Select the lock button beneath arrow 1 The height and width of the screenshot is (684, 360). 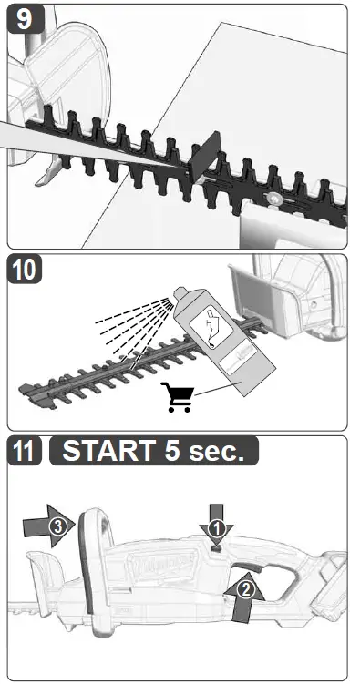217,547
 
